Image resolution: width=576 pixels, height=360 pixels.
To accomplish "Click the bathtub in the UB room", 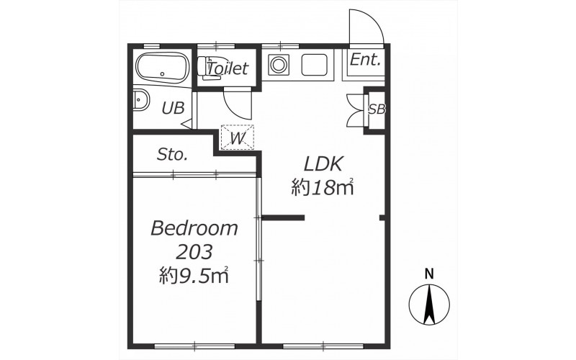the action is pos(163,68).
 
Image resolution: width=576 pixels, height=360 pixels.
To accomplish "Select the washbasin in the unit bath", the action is pos(140,99).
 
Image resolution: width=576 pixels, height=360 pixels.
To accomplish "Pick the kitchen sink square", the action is pos(314,65).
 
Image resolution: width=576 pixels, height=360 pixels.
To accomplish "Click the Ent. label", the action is pos(365,60).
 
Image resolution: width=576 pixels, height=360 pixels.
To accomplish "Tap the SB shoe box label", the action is pos(377,109).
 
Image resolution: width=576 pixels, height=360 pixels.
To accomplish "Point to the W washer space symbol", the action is pos(238,137).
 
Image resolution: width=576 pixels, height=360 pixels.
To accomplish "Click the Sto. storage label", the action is pos(172,155).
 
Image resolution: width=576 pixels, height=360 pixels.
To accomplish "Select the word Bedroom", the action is pos(194,228).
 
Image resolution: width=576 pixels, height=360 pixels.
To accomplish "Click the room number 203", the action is pos(194,252).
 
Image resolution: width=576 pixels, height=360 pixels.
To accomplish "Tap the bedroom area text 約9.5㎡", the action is pos(194,276).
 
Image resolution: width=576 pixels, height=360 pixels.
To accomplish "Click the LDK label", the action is pos(323,164).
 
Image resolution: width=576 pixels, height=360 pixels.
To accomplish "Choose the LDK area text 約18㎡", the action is pos(323,187).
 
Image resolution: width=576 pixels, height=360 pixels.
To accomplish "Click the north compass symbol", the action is pos(429,305).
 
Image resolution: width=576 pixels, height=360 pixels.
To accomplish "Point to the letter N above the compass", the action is pos(429,274).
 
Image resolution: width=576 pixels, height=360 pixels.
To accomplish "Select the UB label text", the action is pos(173,108).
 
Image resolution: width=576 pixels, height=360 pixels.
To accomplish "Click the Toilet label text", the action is pos(228,68).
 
